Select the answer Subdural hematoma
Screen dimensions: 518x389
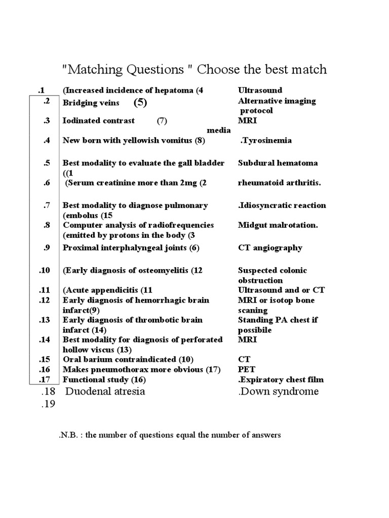[x=278, y=163]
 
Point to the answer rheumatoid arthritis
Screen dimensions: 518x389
[x=279, y=183]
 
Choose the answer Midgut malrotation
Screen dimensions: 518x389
[x=278, y=225]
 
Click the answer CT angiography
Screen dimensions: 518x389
[x=270, y=247]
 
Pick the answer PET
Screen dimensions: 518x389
[x=245, y=369]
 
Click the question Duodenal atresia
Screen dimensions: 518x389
[x=105, y=392]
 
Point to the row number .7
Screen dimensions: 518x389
[x=47, y=205]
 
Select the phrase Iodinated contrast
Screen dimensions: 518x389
[x=99, y=120]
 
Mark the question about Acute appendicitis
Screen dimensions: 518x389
[x=107, y=290]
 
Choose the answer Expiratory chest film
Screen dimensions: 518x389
[x=281, y=379]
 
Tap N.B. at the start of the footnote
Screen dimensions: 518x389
[x=67, y=435]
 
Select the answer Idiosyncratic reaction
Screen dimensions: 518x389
[x=282, y=205]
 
